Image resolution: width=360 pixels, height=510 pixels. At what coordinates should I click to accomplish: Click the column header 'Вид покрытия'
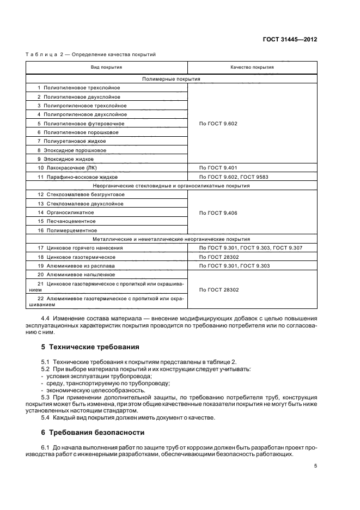pos(106,68)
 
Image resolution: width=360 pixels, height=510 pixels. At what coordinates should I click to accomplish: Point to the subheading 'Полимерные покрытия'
pos(171,79)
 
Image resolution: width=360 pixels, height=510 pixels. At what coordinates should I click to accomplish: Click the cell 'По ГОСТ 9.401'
pos(219,168)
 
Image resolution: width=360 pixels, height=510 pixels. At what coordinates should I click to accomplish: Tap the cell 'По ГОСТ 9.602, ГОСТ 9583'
pos(234,177)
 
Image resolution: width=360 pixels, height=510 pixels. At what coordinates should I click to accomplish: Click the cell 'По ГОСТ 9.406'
pos(219,212)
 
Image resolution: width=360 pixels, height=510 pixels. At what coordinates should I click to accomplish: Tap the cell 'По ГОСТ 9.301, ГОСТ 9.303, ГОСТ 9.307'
pos(251,247)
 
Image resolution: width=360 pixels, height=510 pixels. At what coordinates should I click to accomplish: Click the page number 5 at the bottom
pos(315,466)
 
